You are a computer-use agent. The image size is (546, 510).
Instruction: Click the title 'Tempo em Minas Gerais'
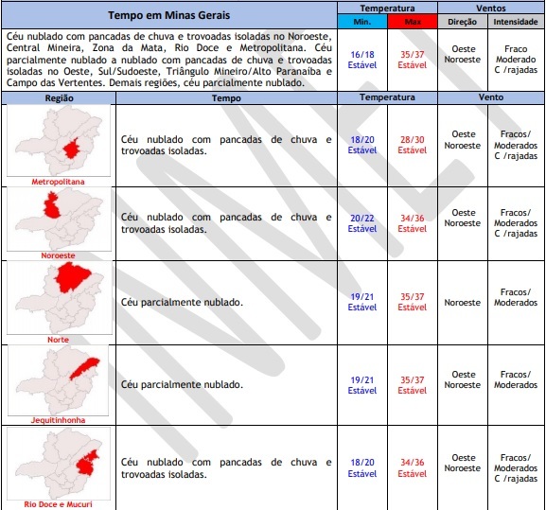pyautogui.click(x=168, y=15)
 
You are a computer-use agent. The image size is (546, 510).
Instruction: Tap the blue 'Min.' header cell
pyautogui.click(x=362, y=22)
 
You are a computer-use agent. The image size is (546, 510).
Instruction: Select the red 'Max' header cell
pyautogui.click(x=413, y=22)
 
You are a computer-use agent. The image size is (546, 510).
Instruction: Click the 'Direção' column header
pyautogui.click(x=463, y=22)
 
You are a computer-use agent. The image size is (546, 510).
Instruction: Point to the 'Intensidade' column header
pyautogui.click(x=516, y=22)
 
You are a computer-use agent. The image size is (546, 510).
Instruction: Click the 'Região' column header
pyautogui.click(x=59, y=98)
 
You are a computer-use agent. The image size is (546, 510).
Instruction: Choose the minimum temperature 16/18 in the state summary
pyautogui.click(x=362, y=55)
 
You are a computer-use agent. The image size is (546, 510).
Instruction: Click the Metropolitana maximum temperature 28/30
pyautogui.click(x=413, y=140)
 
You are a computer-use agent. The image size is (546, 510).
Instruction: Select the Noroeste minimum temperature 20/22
pyautogui.click(x=362, y=219)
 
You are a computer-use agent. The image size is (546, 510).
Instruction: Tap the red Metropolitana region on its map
pyautogui.click(x=71, y=149)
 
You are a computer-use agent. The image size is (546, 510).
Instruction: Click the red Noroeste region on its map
pyautogui.click(x=51, y=206)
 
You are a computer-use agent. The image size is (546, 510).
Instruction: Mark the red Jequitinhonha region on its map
pyautogui.click(x=84, y=368)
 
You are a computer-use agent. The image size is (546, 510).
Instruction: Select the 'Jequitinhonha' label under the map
pyautogui.click(x=58, y=420)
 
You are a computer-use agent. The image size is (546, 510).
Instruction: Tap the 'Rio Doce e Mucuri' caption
pyautogui.click(x=58, y=504)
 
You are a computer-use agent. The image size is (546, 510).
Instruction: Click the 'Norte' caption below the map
pyautogui.click(x=58, y=340)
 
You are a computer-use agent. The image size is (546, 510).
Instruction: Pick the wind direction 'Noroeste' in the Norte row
pyautogui.click(x=463, y=303)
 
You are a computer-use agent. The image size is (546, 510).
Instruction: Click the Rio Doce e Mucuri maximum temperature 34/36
pyautogui.click(x=413, y=463)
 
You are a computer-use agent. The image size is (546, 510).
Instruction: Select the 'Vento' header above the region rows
pyautogui.click(x=491, y=97)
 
